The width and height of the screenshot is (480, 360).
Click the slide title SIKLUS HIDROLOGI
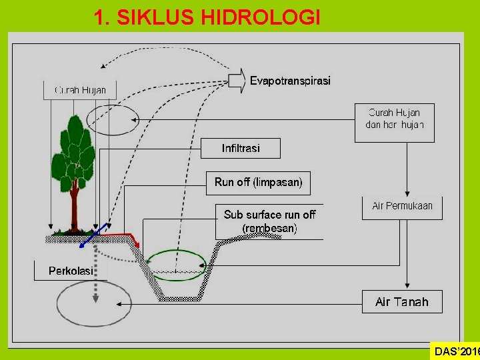click(207, 17)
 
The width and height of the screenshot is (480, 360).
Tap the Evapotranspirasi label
click(290, 81)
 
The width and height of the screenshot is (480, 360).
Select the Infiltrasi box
click(241, 148)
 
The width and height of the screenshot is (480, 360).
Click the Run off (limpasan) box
click(258, 181)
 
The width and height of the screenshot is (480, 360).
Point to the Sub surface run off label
click(269, 221)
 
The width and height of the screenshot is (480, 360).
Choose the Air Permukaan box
click(402, 206)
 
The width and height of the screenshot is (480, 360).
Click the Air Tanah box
click(402, 302)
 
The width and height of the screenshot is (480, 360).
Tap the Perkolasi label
click(70, 270)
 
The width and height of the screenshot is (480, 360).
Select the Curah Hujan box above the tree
click(80, 90)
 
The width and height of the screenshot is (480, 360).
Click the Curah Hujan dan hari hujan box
click(395, 122)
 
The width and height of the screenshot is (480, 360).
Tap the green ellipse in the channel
click(176, 264)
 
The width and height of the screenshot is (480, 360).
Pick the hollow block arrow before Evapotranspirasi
click(237, 80)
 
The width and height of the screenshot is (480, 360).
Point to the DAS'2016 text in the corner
click(456, 351)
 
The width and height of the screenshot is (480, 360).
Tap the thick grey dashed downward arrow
click(97, 273)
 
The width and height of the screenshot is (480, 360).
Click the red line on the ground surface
click(123, 235)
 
